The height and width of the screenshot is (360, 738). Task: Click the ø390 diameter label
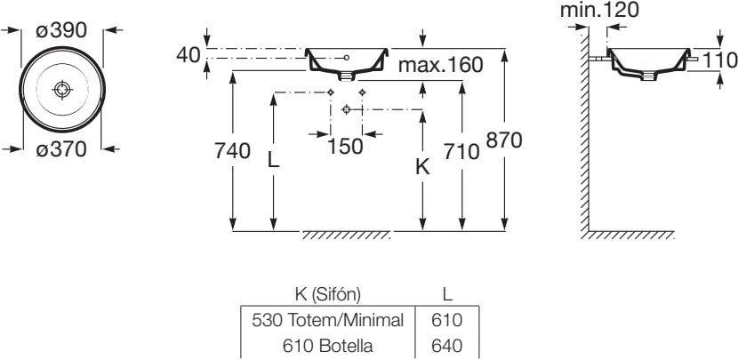61,30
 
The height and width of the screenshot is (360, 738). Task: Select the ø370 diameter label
61,149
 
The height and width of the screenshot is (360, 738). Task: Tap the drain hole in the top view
62,90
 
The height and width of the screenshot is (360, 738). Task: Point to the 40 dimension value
189,55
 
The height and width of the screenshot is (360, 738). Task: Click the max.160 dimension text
440,65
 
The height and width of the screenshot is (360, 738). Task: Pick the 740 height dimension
232,151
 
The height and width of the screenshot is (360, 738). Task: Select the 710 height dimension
461,151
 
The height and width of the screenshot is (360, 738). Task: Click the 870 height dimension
504,140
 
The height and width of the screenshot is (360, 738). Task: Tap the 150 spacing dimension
346,147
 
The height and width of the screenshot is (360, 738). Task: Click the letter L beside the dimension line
274,160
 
